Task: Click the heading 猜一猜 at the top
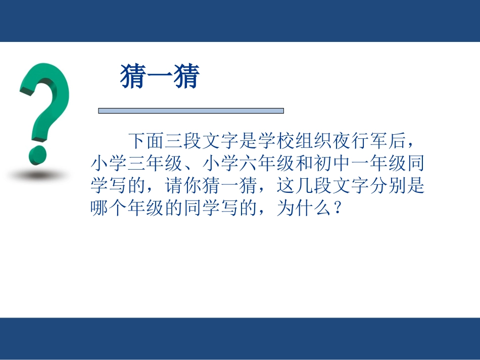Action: coord(160,78)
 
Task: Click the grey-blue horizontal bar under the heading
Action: coord(190,111)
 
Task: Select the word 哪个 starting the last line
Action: coord(109,210)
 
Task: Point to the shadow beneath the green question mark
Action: coord(37,174)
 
